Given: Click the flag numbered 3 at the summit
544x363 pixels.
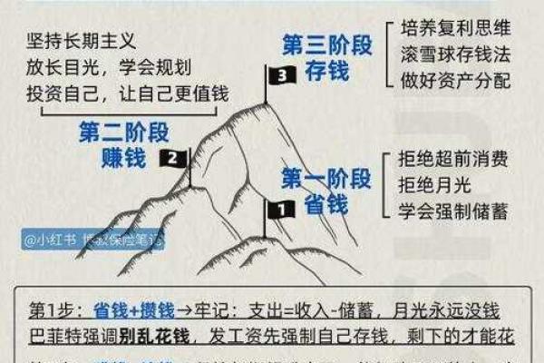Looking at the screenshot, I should (281, 75).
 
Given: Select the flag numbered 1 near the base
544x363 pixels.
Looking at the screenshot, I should (279, 209).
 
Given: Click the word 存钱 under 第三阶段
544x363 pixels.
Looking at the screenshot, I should (325, 72).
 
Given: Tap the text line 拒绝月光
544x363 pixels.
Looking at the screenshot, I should (431, 184).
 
